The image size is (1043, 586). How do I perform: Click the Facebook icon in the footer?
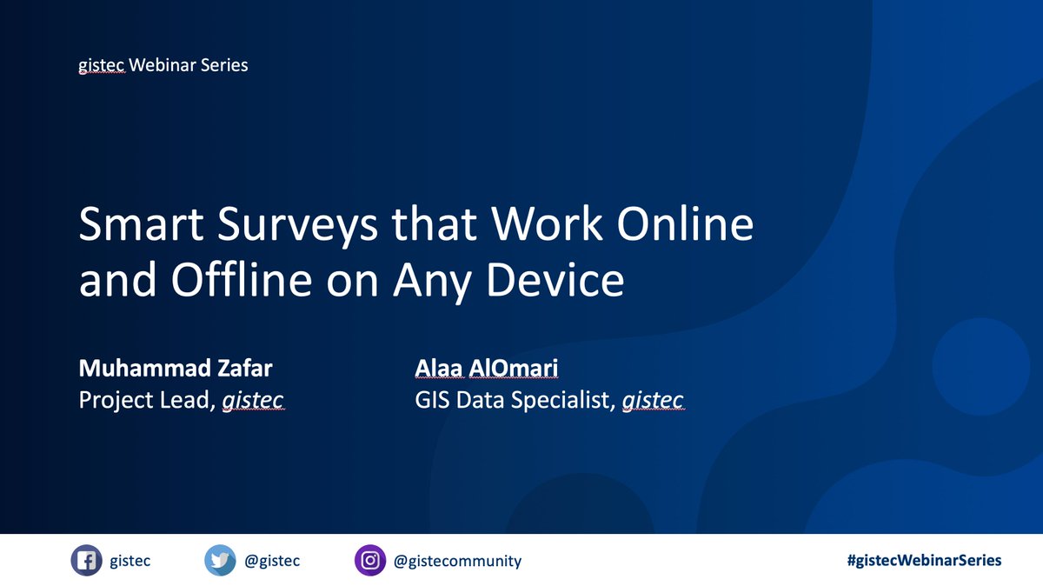pyautogui.click(x=86, y=561)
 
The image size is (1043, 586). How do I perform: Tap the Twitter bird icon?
pyautogui.click(x=220, y=561)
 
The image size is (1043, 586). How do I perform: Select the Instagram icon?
pyautogui.click(x=369, y=561)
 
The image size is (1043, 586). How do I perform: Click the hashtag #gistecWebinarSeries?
pyautogui.click(x=923, y=561)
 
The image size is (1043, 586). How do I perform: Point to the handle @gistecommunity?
pyautogui.click(x=458, y=561)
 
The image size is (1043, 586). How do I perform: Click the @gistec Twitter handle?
pyautogui.click(x=272, y=561)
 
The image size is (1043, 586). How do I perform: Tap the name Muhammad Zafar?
pyautogui.click(x=176, y=369)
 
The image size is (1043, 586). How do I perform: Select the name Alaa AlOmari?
pyautogui.click(x=487, y=369)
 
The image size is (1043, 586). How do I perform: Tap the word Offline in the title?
pyautogui.click(x=230, y=280)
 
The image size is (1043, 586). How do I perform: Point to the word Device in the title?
pyautogui.click(x=564, y=280)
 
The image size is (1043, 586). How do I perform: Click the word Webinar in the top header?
pyautogui.click(x=163, y=65)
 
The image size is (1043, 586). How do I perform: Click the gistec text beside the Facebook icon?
pyautogui.click(x=131, y=561)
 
